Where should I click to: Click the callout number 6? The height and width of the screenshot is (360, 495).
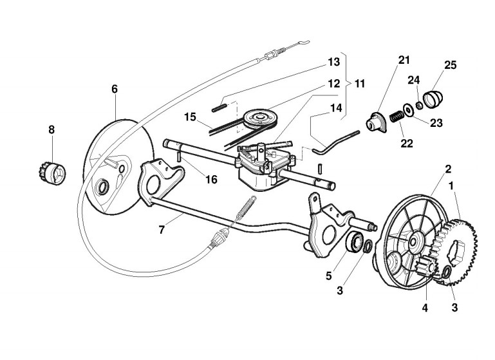click(115, 89)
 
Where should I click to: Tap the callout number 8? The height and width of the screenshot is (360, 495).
click(51, 129)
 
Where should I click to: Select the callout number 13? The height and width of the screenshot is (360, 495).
click(333, 62)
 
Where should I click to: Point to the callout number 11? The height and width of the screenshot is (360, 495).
click(359, 84)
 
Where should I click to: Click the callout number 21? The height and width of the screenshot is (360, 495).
click(404, 61)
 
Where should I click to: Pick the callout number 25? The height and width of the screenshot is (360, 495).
click(450, 64)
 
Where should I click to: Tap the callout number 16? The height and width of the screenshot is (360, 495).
click(211, 180)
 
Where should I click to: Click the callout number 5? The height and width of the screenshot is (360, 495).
click(329, 276)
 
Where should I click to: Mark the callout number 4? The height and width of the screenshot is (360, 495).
click(424, 307)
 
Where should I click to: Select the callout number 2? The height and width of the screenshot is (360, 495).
click(448, 169)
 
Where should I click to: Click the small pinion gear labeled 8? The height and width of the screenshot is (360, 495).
click(50, 173)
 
